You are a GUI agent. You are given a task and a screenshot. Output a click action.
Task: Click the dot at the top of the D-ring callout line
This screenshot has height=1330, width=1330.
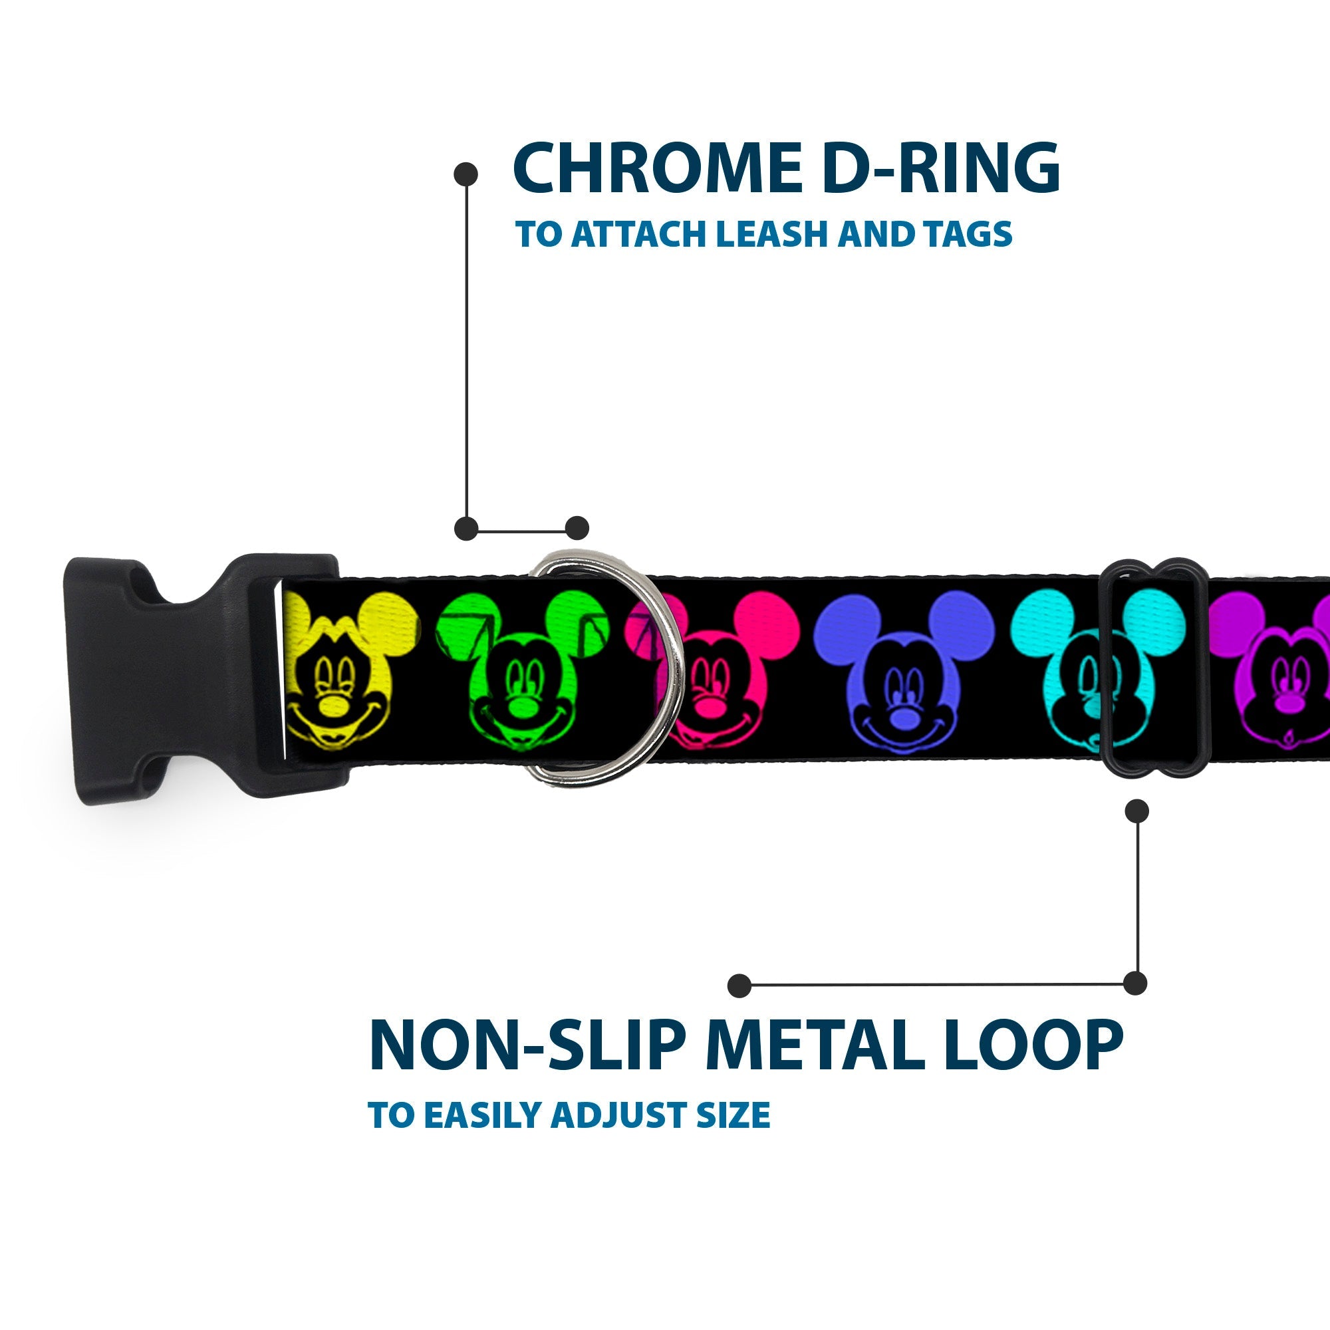coord(466,174)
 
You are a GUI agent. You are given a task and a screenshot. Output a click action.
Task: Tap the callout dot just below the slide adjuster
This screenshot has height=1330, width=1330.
coord(1136,811)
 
